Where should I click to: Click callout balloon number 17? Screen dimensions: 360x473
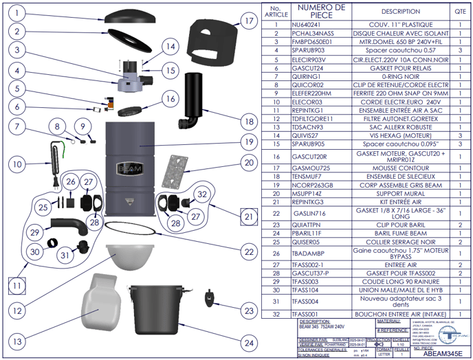tap(249, 20)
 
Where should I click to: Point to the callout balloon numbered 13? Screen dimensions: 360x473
tap(17, 341)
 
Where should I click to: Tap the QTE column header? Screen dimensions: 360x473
tap(459, 11)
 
